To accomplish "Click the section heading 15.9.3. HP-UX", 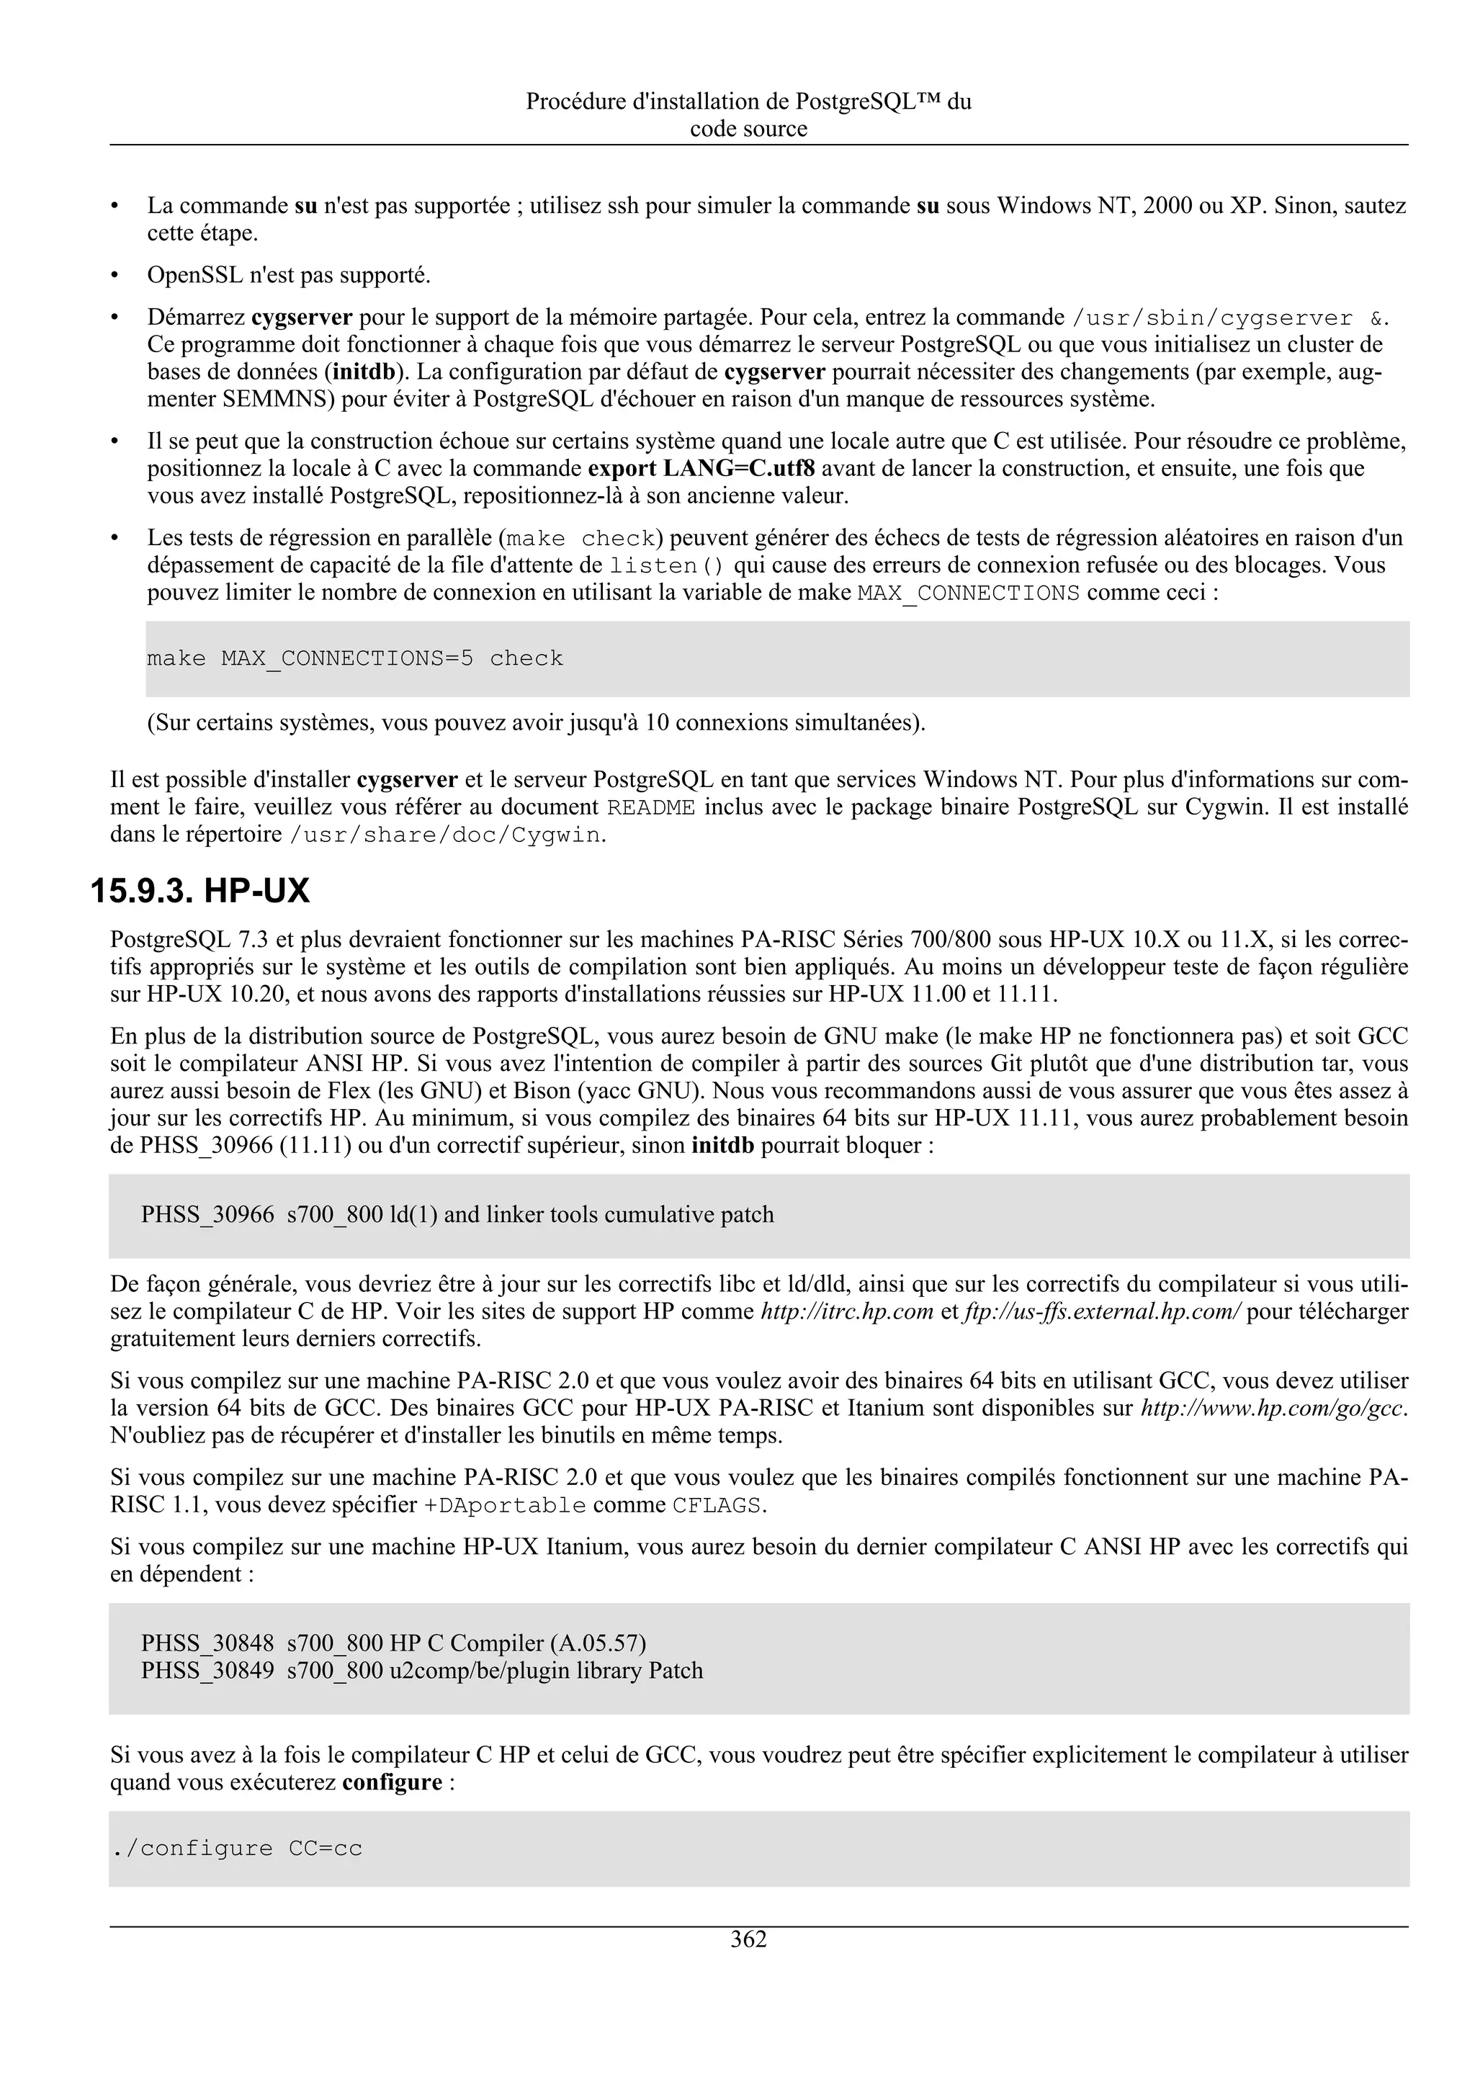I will [x=200, y=891].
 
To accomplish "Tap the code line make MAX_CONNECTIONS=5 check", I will [x=354, y=658].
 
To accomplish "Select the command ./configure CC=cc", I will [x=236, y=1848].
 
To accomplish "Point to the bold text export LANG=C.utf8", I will [x=701, y=469].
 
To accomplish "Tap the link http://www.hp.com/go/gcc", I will [x=1273, y=1408].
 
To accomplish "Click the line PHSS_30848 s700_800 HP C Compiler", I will [x=393, y=1643].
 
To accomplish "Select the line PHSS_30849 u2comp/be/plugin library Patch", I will [x=422, y=1671].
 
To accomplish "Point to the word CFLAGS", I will [x=716, y=1505].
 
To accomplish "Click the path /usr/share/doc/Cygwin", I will [x=445, y=835].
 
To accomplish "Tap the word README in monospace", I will [x=650, y=807].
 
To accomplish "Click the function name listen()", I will [x=666, y=565].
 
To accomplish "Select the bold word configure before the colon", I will [x=392, y=1782].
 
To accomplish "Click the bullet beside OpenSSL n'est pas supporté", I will [x=115, y=275].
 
